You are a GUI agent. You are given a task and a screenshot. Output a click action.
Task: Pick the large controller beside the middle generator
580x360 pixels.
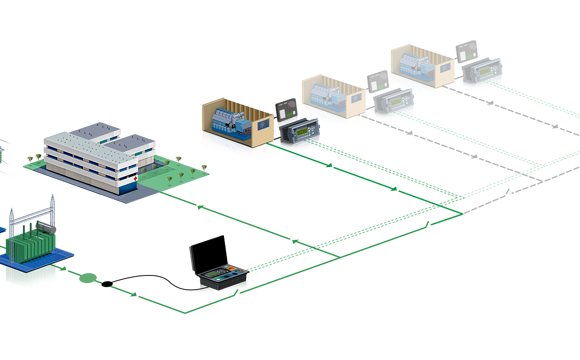point(392,101)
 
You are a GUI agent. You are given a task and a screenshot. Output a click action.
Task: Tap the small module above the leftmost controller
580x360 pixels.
point(286,107)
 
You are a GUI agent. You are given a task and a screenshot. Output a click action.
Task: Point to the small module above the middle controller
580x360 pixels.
point(377,79)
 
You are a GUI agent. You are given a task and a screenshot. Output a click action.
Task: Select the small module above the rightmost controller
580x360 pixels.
point(466,49)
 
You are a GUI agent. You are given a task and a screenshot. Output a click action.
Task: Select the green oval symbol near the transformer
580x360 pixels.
point(89,278)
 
